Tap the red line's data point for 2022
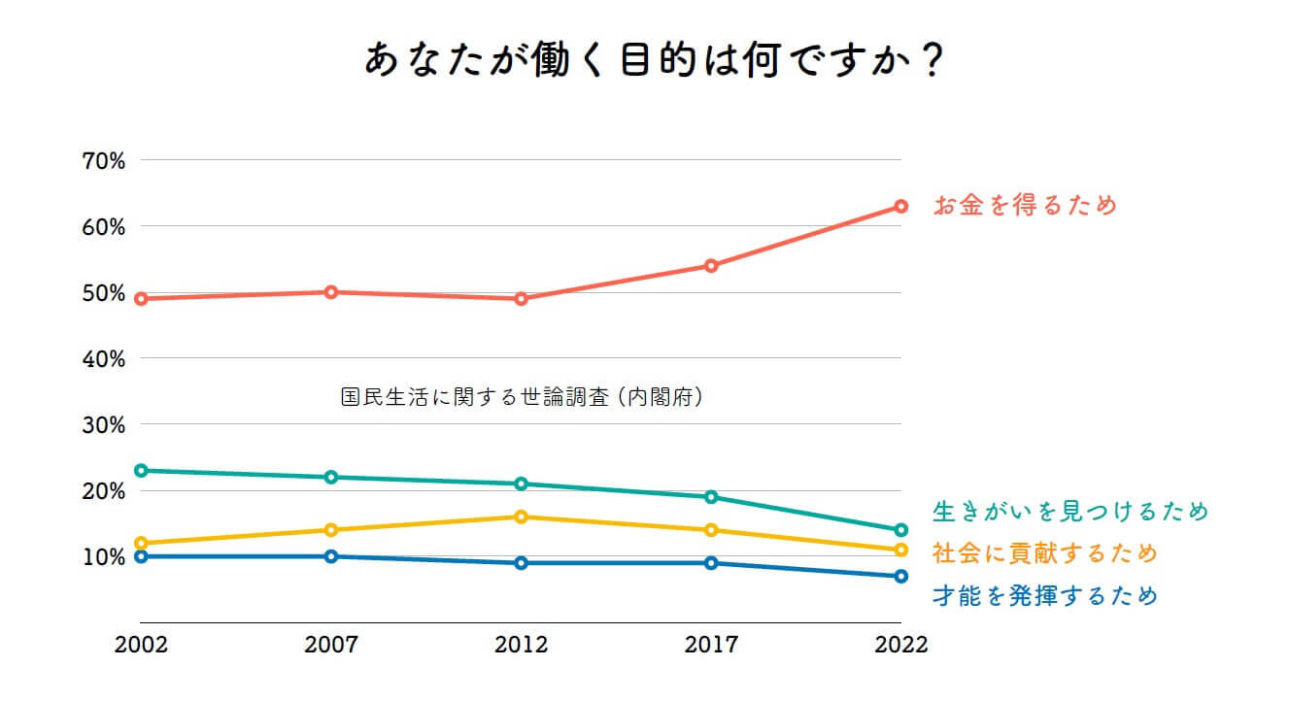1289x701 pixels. pyautogui.click(x=901, y=206)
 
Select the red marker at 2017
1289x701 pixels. pyautogui.click(x=711, y=265)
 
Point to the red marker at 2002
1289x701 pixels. pyautogui.click(x=141, y=299)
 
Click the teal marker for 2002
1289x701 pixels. pyautogui.click(x=141, y=470)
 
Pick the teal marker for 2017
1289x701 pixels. pyautogui.click(x=711, y=497)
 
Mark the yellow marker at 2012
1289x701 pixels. pyautogui.click(x=522, y=517)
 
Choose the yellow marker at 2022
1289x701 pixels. pyautogui.click(x=901, y=550)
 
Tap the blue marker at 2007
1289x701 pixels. pyautogui.click(x=331, y=556)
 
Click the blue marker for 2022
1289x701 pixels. pyautogui.click(x=901, y=576)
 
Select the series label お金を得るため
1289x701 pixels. pyautogui.click(x=1025, y=206)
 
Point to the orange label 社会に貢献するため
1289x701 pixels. pyautogui.click(x=1045, y=553)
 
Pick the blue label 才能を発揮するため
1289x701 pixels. pyautogui.click(x=1045, y=595)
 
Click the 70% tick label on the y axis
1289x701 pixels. pyautogui.click(x=104, y=160)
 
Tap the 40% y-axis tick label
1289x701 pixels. pyautogui.click(x=104, y=359)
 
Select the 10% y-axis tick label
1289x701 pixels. pyautogui.click(x=104, y=557)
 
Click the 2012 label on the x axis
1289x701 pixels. pyautogui.click(x=522, y=646)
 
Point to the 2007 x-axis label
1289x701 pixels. pyautogui.click(x=331, y=646)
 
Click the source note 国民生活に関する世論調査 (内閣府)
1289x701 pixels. pyautogui.click(x=522, y=397)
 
